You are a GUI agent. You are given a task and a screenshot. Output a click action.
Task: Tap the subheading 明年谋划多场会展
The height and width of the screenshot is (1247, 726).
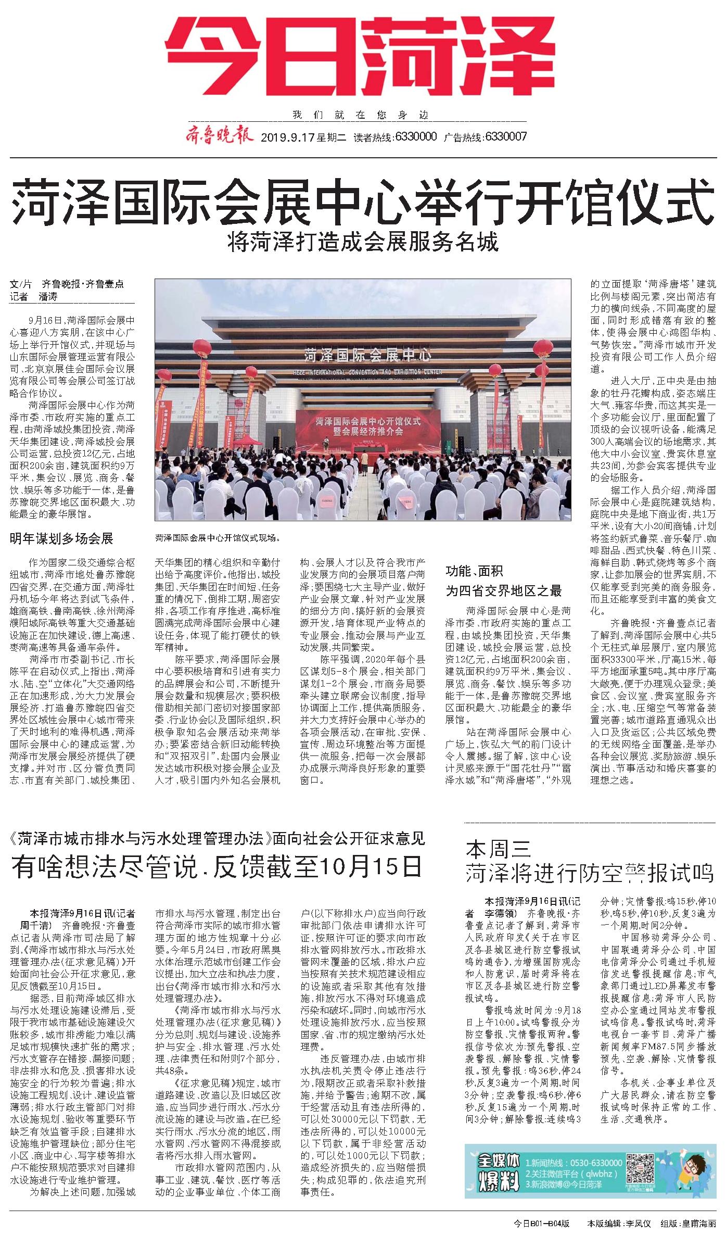[x=61, y=538]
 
